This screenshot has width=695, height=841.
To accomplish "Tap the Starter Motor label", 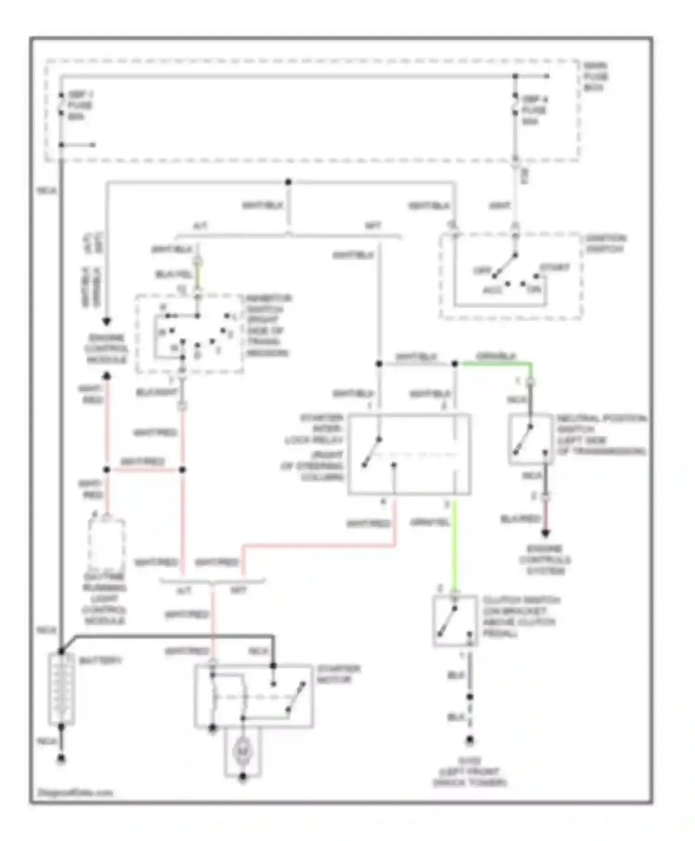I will pyautogui.click(x=338, y=674).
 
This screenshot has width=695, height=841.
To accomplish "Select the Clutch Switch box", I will pyautogui.click(x=455, y=621).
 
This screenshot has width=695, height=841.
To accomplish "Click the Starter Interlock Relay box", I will pyautogui.click(x=409, y=454).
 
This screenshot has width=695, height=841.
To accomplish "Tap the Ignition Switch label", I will pyautogui.click(x=605, y=244).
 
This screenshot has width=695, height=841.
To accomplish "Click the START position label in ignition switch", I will pyautogui.click(x=554, y=268).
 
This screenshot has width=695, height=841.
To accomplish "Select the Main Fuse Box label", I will pyautogui.click(x=595, y=77).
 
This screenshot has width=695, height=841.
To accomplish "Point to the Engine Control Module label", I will pyautogui.click(x=106, y=349).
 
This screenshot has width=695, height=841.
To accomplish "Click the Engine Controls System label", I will pyautogui.click(x=545, y=560).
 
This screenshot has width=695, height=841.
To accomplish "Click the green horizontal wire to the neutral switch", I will pyautogui.click(x=493, y=364).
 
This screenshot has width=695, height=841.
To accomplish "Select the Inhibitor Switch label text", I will pyautogui.click(x=268, y=325).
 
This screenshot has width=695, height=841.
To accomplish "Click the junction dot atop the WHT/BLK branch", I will pyautogui.click(x=288, y=182).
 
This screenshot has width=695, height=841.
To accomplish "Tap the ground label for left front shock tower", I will pyautogui.click(x=469, y=772).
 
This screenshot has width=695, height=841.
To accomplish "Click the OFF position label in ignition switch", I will pyautogui.click(x=481, y=270).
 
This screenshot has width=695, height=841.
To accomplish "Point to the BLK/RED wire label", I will pyautogui.click(x=520, y=519).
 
